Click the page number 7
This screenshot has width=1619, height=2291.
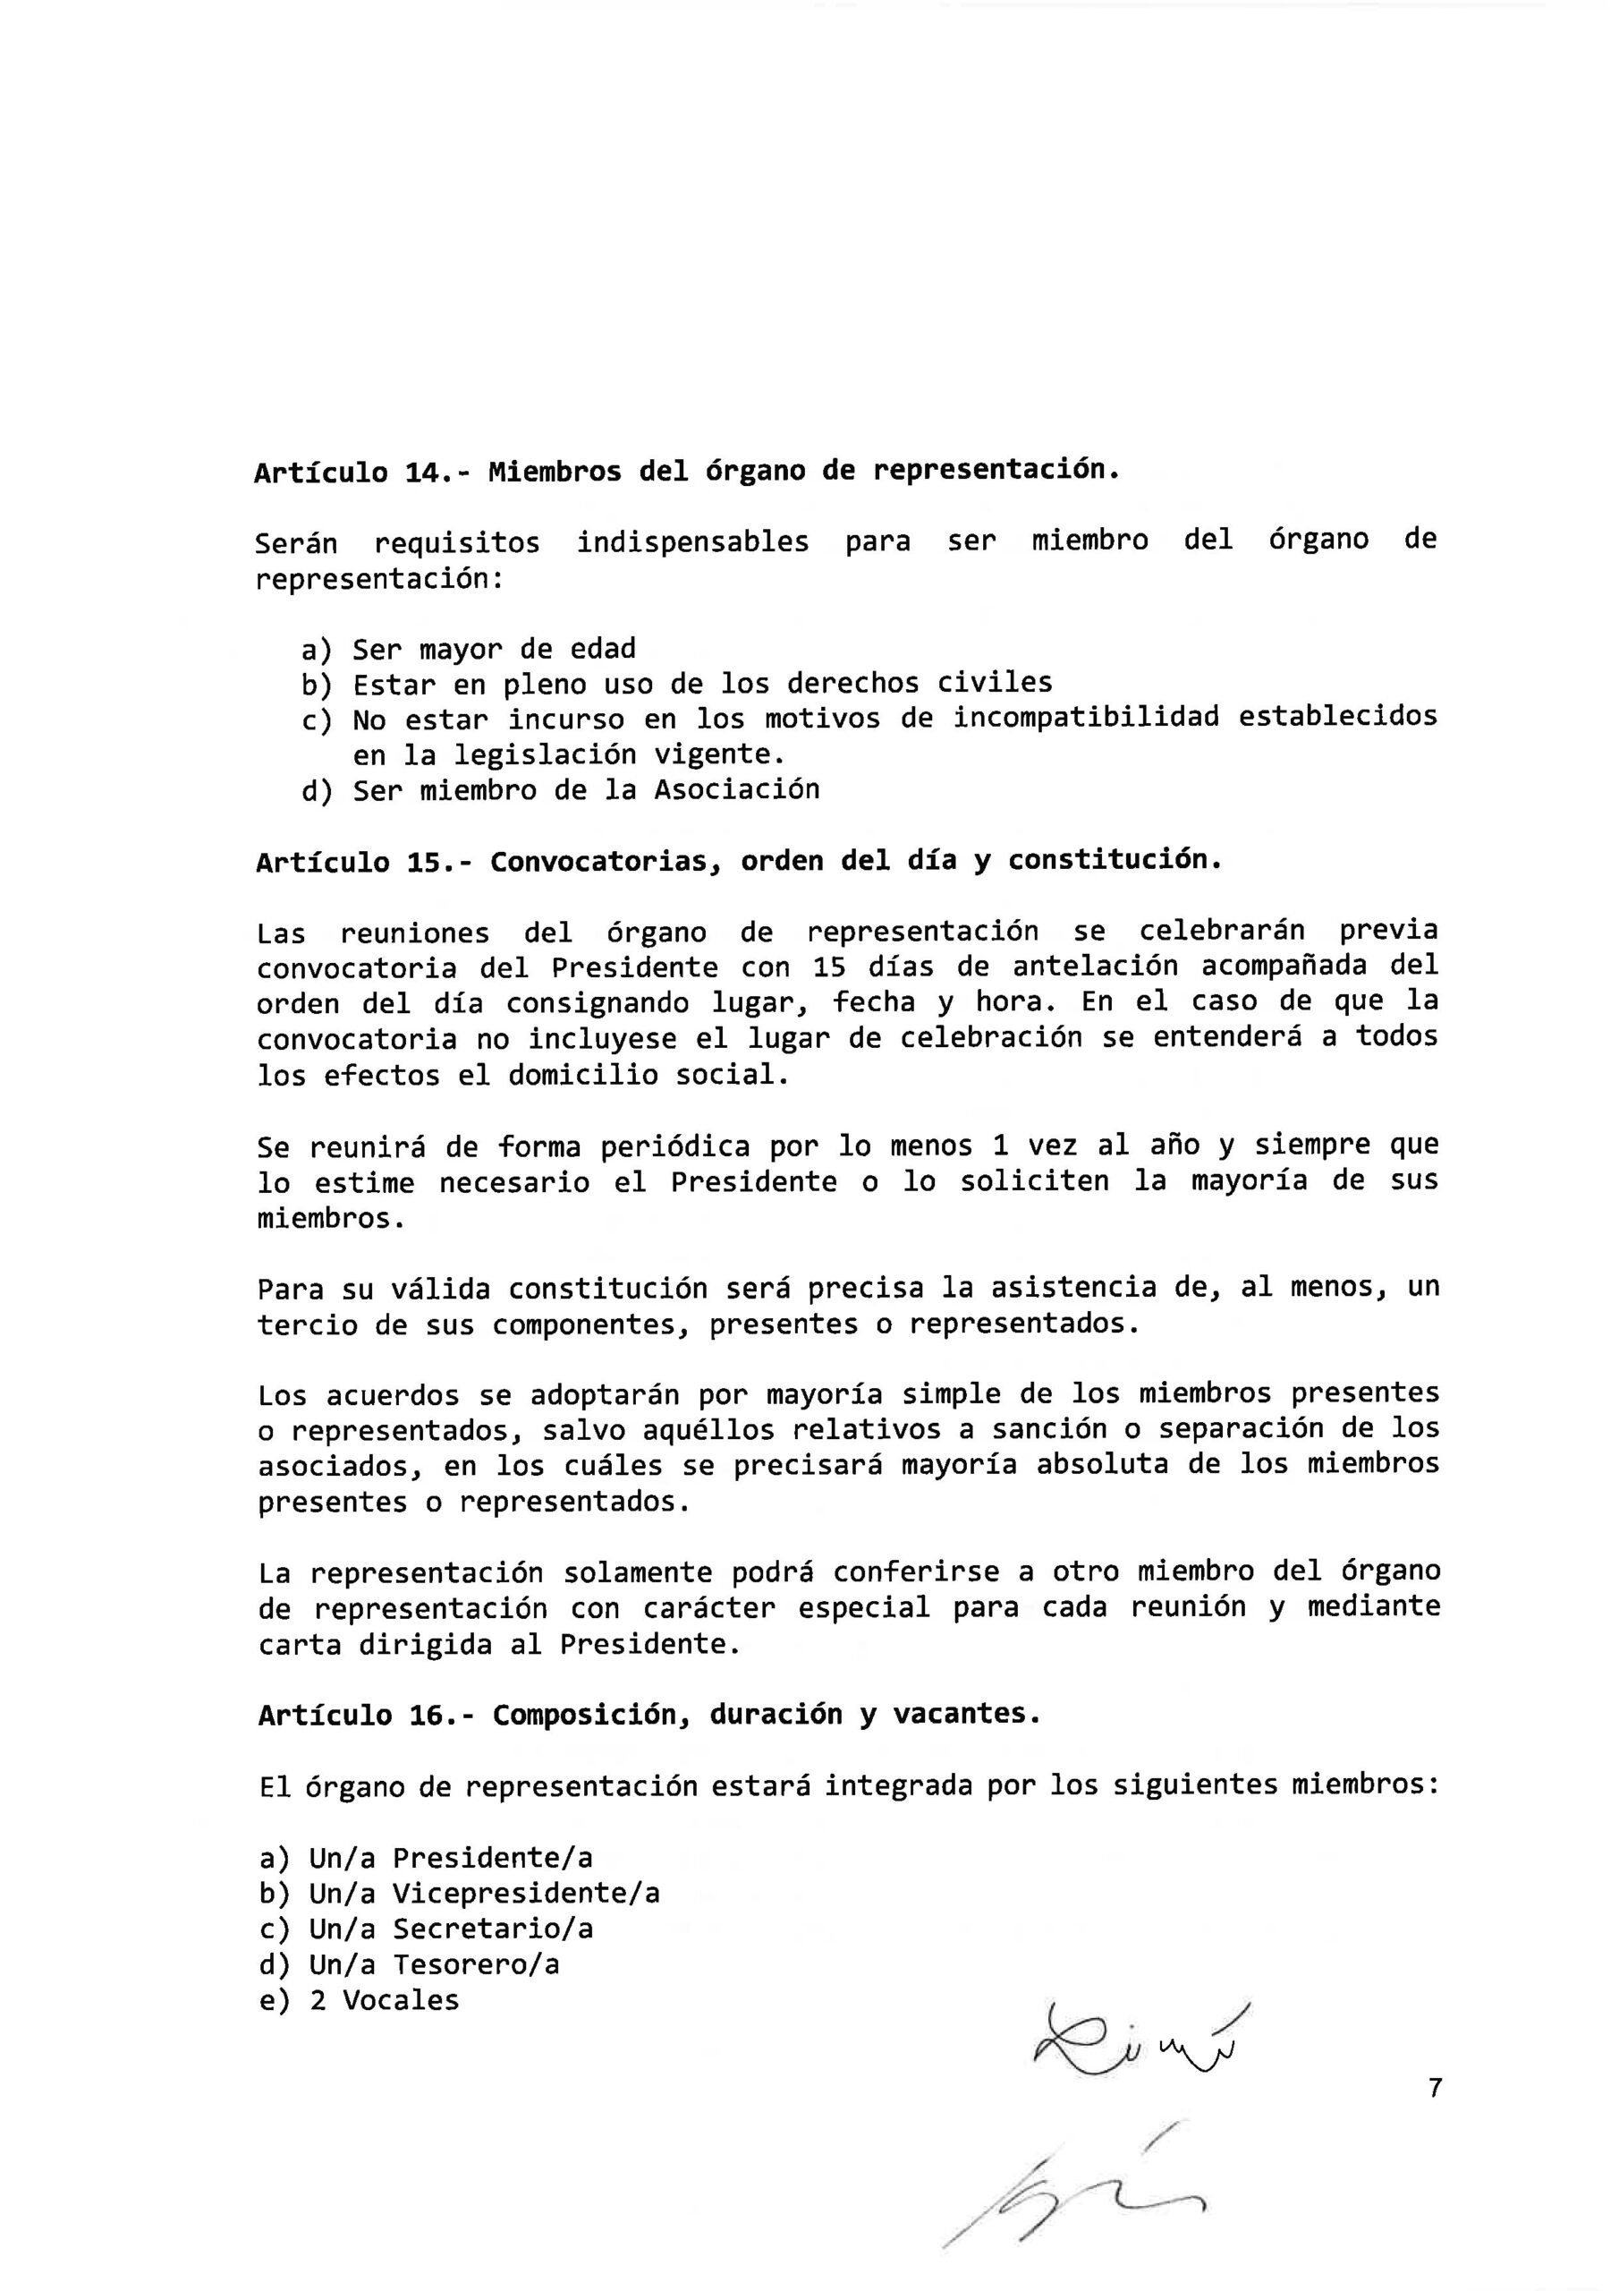point(1435,2088)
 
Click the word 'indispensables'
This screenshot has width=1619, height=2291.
point(692,543)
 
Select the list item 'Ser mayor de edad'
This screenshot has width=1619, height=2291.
point(494,650)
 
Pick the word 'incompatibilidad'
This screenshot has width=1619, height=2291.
point(1085,718)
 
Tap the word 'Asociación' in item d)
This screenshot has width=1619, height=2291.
point(736,790)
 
